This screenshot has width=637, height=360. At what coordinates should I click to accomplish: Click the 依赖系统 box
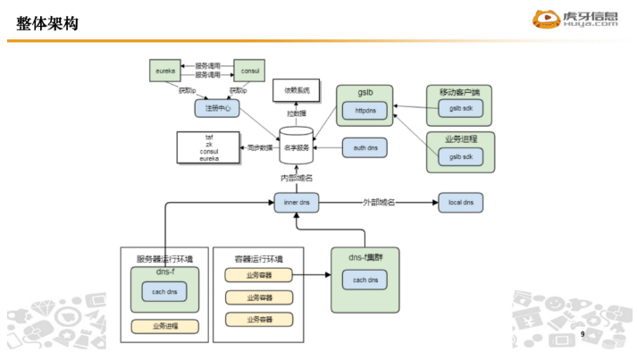coord(297,90)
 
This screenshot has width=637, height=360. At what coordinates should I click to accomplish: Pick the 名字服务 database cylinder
coord(296,147)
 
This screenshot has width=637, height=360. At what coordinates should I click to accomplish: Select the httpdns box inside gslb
coord(366,112)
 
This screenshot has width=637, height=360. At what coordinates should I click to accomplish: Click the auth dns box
coord(366,147)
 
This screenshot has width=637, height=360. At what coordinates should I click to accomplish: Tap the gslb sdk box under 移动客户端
coord(461,108)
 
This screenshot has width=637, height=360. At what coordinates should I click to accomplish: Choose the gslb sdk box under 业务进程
coord(461,155)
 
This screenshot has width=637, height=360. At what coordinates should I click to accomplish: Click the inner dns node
coord(297,203)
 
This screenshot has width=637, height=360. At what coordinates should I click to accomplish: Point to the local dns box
coord(461,203)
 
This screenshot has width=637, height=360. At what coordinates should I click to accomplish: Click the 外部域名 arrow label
coord(380,203)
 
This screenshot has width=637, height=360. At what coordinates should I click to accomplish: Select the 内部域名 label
coord(296,179)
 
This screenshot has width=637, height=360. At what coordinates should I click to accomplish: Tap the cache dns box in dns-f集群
coord(366,280)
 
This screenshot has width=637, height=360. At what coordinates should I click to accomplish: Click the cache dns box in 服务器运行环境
coord(164,292)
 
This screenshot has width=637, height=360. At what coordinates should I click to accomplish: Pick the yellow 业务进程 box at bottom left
coord(164,327)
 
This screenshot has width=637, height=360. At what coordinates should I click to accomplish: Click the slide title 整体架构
coord(46,23)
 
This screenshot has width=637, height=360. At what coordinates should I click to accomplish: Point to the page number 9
coord(582,333)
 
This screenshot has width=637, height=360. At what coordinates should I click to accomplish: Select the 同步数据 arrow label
coord(259,147)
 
